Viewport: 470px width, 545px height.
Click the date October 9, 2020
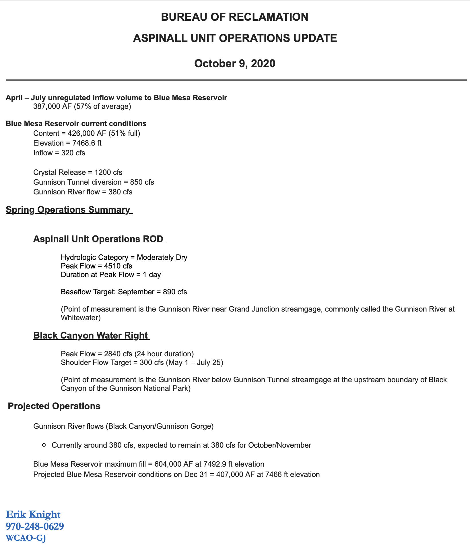pyautogui.click(x=234, y=63)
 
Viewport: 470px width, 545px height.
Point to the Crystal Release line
pyautogui.click(x=78, y=172)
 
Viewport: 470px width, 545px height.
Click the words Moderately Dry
pyautogui.click(x=162, y=257)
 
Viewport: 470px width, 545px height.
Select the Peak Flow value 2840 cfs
pyautogui.click(x=116, y=354)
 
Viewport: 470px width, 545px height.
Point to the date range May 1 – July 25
pyautogui.click(x=194, y=362)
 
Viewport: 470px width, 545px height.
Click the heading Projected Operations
pyautogui.click(x=54, y=406)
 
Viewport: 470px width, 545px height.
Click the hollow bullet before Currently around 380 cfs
pyautogui.click(x=44, y=445)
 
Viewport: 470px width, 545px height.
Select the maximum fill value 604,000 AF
pyautogui.click(x=172, y=464)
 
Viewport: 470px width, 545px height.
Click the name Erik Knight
pyautogui.click(x=33, y=514)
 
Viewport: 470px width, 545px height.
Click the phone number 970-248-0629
pyautogui.click(x=35, y=526)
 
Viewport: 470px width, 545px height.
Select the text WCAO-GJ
pyautogui.click(x=26, y=538)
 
